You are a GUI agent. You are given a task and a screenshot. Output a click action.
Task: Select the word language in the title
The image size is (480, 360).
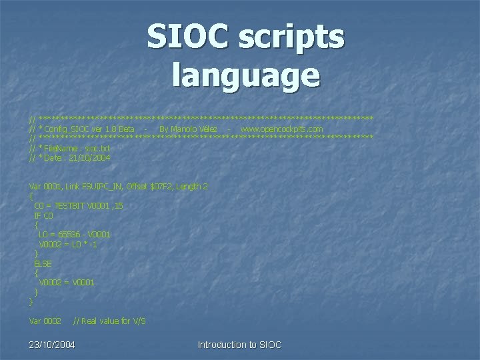[x=246, y=75]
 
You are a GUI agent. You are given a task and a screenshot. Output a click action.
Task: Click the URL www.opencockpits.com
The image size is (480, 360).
[x=281, y=129]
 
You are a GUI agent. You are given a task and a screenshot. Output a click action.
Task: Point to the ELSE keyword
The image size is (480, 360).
[x=43, y=263]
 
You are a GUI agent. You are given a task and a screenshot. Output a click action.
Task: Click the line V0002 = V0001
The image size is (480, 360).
[x=67, y=283]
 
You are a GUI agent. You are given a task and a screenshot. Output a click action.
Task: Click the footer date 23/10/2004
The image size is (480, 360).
[x=52, y=345]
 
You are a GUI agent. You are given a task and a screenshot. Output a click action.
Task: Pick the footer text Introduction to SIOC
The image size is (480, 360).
[x=240, y=345]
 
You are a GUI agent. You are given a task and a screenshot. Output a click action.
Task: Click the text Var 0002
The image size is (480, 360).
[x=45, y=321]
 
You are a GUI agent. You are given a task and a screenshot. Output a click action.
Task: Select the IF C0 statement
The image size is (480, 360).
[x=43, y=216]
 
